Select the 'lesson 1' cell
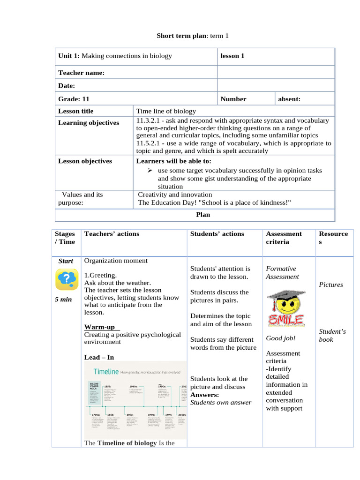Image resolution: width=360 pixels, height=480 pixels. click(x=232, y=56)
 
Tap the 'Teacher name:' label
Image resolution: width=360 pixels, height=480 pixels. click(x=81, y=73)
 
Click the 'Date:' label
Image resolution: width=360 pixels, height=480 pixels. click(x=67, y=86)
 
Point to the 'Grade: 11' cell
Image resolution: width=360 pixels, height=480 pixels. click(x=74, y=99)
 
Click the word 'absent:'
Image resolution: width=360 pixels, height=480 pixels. click(x=289, y=99)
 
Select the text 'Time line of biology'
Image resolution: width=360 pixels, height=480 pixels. click(x=166, y=111)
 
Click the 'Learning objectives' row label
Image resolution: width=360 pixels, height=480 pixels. click(x=89, y=123)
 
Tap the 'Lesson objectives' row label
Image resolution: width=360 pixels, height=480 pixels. click(x=85, y=161)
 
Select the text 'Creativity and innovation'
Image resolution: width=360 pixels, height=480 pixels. click(x=175, y=195)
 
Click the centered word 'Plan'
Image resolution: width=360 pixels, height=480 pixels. click(x=202, y=215)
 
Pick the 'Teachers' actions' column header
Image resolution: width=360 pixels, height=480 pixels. click(x=112, y=234)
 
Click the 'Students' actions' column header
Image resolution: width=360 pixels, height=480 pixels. click(x=217, y=234)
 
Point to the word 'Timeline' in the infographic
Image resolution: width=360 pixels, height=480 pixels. click(x=106, y=371)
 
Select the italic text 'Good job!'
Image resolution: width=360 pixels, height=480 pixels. click(x=281, y=338)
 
